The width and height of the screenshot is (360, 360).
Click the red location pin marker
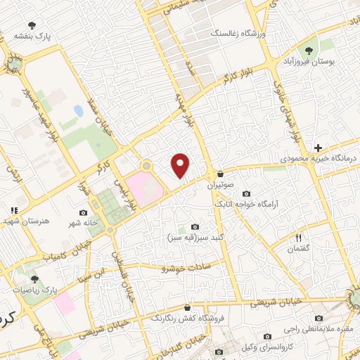pyautogui.click(x=181, y=166)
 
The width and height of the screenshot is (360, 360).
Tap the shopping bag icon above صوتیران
pyautogui.click(x=220, y=174)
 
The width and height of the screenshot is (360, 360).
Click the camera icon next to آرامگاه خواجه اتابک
pyautogui.click(x=245, y=194)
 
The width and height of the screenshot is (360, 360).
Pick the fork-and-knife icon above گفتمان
pyautogui.click(x=298, y=238)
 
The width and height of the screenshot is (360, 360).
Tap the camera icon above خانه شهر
pyautogui.click(x=84, y=213)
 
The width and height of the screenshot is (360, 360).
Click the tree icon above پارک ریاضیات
pyautogui.click(x=34, y=280)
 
